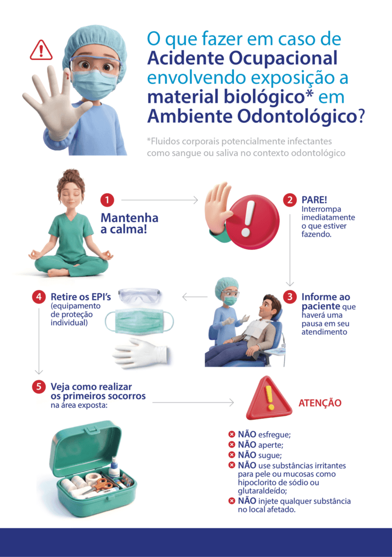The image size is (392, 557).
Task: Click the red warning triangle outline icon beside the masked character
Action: click(x=41, y=51)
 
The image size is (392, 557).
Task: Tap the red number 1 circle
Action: click(x=107, y=200)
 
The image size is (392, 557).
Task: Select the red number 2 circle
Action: click(x=290, y=200)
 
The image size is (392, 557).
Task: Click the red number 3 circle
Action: click(x=290, y=296)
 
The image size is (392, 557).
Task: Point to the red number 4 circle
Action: click(x=39, y=296)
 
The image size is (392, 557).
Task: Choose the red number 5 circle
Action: click(x=39, y=387)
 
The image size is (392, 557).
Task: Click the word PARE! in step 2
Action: click(x=314, y=200)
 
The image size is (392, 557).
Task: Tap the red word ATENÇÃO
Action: click(x=320, y=403)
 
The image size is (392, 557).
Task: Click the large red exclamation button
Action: click(x=252, y=221)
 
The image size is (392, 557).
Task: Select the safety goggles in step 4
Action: click(x=139, y=296)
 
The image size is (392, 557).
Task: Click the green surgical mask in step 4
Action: click(x=139, y=321)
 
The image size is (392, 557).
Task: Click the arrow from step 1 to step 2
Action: click(x=160, y=200)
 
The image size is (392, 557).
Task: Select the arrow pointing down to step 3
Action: click(x=290, y=250)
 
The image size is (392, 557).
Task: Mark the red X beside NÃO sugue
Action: click(x=232, y=455)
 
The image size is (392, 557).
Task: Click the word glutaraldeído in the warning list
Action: click(x=263, y=491)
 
